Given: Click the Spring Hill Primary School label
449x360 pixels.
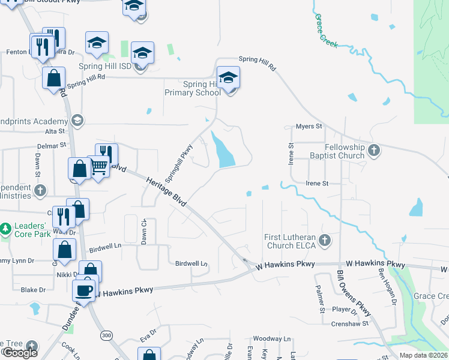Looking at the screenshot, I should tap(191, 88).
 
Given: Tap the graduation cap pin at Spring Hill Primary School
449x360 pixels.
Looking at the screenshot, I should tap(228, 78).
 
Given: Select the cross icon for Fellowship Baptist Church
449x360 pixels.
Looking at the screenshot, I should tap(374, 151).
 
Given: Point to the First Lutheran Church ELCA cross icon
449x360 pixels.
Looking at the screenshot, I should tap(325, 241).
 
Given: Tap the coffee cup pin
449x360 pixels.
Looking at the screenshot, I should tap(84, 291).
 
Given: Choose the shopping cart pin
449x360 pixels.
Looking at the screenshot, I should tap(99, 167).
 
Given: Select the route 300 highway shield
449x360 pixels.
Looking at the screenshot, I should tap(107, 334).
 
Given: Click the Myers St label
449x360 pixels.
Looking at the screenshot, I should tap(309, 127).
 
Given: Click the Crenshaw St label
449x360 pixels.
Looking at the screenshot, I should tap(348, 324).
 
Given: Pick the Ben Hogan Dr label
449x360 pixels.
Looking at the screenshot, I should tap(387, 287).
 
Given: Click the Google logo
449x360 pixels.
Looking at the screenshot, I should tap(19, 353).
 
